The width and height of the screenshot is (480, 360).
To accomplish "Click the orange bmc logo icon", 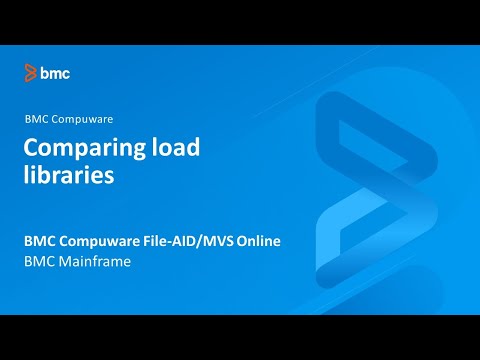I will (31, 72).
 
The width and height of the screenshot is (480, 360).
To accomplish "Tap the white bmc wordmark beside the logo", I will (55, 72).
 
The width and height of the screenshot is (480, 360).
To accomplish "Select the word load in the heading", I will (168, 148).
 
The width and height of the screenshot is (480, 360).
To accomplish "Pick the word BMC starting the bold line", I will (40, 242).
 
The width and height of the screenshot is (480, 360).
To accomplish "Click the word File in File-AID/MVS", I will (151, 242).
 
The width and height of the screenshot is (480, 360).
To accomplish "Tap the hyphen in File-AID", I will (169, 242).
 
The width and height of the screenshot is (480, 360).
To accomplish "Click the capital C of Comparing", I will (31, 148).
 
